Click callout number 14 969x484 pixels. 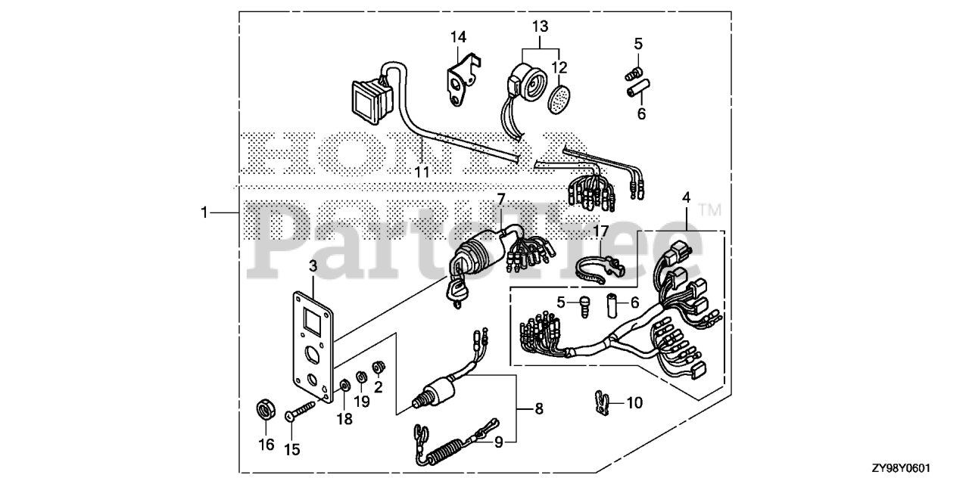click(x=458, y=37)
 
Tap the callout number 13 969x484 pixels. click(x=539, y=26)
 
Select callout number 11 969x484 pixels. click(x=422, y=172)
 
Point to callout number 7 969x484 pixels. click(x=500, y=199)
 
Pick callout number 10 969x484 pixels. click(x=634, y=402)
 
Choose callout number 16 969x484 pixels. click(x=266, y=445)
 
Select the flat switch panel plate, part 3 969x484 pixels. click(x=312, y=345)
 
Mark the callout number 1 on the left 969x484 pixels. click(x=204, y=214)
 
